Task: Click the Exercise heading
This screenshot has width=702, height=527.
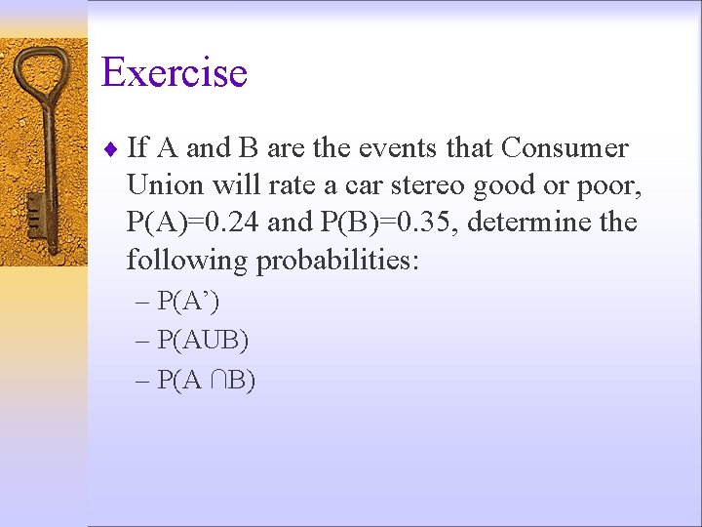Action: [x=175, y=73]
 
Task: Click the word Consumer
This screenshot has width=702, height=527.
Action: [x=565, y=148]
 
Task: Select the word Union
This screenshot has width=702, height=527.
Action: [x=161, y=185]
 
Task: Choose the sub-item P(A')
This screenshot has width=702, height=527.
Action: [x=189, y=302]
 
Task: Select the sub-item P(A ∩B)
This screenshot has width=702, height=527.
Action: [x=206, y=381]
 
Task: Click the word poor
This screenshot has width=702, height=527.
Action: [x=604, y=185]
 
